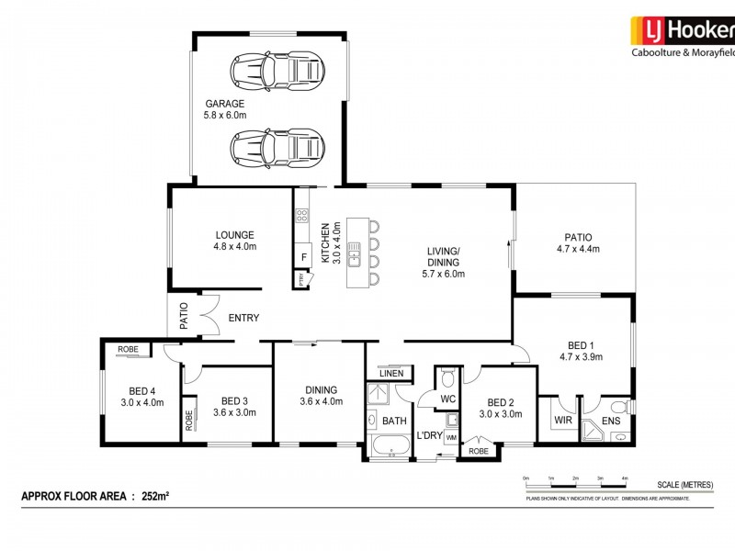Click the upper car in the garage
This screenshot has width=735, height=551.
[x=278, y=68]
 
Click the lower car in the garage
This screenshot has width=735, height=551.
[x=278, y=146]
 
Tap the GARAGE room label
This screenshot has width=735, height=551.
[x=225, y=104]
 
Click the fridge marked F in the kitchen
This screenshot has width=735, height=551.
[x=302, y=257]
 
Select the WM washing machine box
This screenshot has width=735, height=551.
[x=451, y=439]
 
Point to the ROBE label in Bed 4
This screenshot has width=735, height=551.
[x=128, y=350]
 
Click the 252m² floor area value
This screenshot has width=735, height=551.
[x=156, y=496]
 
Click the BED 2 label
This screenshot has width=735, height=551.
[x=501, y=402]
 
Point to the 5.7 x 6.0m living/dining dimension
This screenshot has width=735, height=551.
[x=445, y=274]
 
